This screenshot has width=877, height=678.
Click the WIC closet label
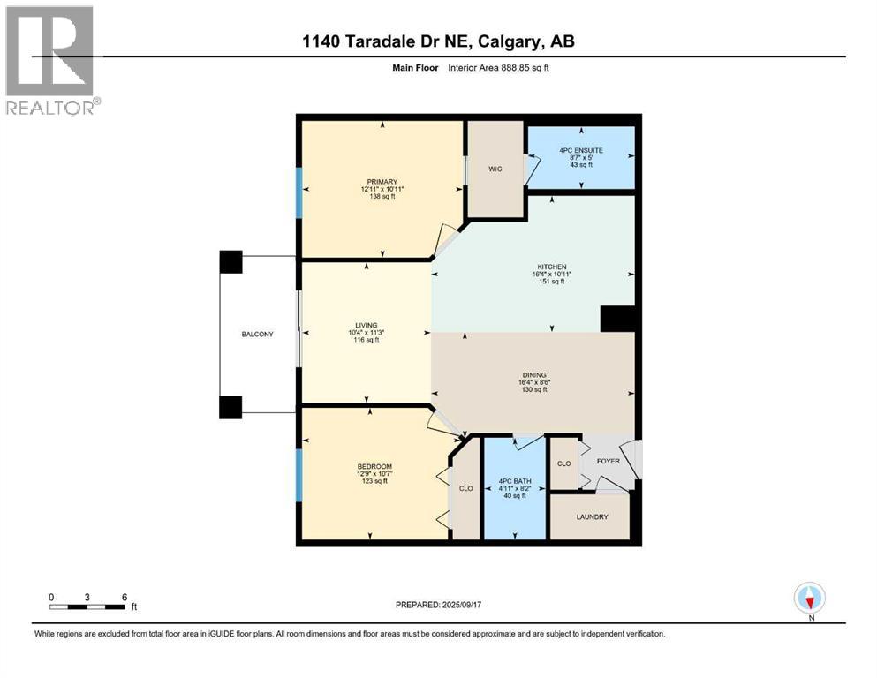coord(495,169)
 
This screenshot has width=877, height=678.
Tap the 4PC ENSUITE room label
coord(580,150)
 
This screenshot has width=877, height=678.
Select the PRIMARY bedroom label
coord(382,183)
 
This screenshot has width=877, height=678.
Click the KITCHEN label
coord(552,267)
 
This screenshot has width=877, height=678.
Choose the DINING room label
coord(533,374)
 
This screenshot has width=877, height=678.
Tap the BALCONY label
coord(258,335)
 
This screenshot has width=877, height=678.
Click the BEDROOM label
coord(374,466)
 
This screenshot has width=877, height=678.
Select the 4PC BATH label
coord(513,480)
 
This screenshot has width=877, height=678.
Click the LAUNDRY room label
coord(591,516)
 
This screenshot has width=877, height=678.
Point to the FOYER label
coord(608,462)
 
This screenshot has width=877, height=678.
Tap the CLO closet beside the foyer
coord(563,463)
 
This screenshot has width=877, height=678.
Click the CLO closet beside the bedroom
coord(465,487)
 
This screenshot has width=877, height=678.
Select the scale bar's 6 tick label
coord(124,597)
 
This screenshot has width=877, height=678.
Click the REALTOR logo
coord(51,61)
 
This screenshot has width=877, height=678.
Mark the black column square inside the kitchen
coord(617,319)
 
